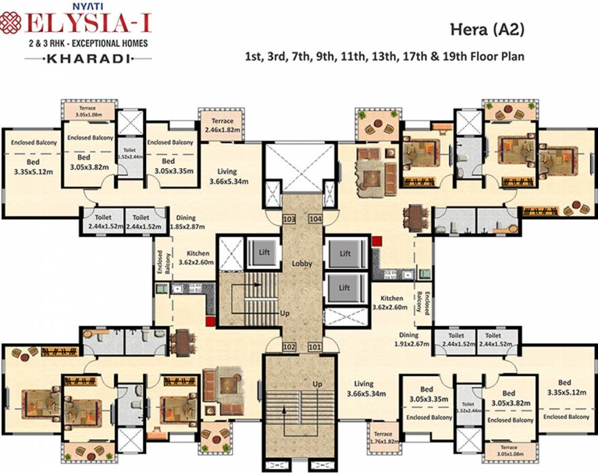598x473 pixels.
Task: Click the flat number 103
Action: pyautogui.click(x=289, y=219)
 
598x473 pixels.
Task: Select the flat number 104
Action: pyautogui.click(x=315, y=219)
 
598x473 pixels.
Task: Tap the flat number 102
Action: pyautogui.click(x=289, y=347)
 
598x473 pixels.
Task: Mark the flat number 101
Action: pyautogui.click(x=315, y=347)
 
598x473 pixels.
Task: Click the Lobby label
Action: pyautogui.click(x=302, y=264)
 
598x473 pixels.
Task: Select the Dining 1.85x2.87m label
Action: pyautogui.click(x=185, y=222)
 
